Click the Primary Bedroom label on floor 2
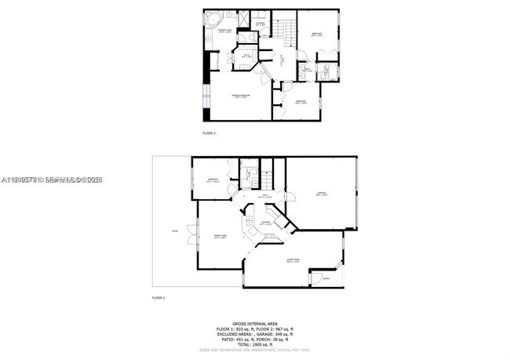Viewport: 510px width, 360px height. click(x=239, y=96)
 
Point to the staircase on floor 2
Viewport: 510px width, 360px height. click(x=284, y=30)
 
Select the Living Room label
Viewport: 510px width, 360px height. click(x=295, y=261)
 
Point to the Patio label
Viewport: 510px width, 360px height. click(x=174, y=231)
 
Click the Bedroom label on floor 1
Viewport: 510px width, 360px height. click(x=213, y=180)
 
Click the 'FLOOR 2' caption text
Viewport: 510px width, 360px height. click(x=209, y=133)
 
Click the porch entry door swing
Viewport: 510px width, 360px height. click(x=315, y=275)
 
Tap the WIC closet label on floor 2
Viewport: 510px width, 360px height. click(x=246, y=56)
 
